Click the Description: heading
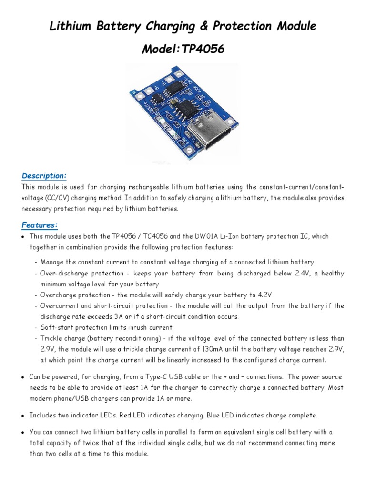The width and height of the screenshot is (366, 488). (x=44, y=176)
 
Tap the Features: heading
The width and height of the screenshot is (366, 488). (x=40, y=224)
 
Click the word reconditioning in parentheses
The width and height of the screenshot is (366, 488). (x=133, y=339)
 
